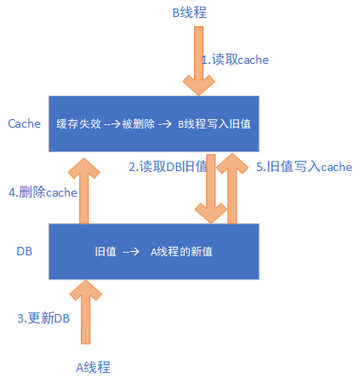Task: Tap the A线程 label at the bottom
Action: click(93, 368)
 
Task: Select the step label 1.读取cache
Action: click(235, 60)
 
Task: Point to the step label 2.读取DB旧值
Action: click(168, 167)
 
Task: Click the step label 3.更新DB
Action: click(43, 317)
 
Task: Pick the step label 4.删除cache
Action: click(43, 192)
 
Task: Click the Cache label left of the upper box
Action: click(24, 123)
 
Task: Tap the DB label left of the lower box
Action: click(25, 252)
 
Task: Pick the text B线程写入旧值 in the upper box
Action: click(214, 123)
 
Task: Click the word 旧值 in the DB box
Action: click(106, 252)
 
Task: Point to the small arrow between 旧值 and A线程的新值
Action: click(132, 252)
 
